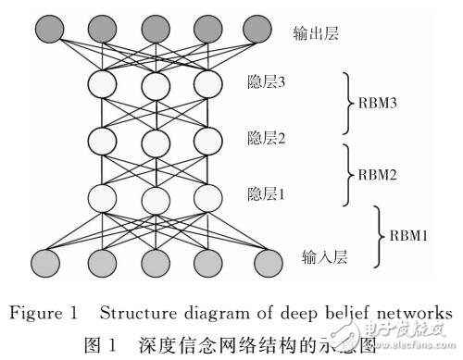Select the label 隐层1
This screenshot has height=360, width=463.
coord(268,194)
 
